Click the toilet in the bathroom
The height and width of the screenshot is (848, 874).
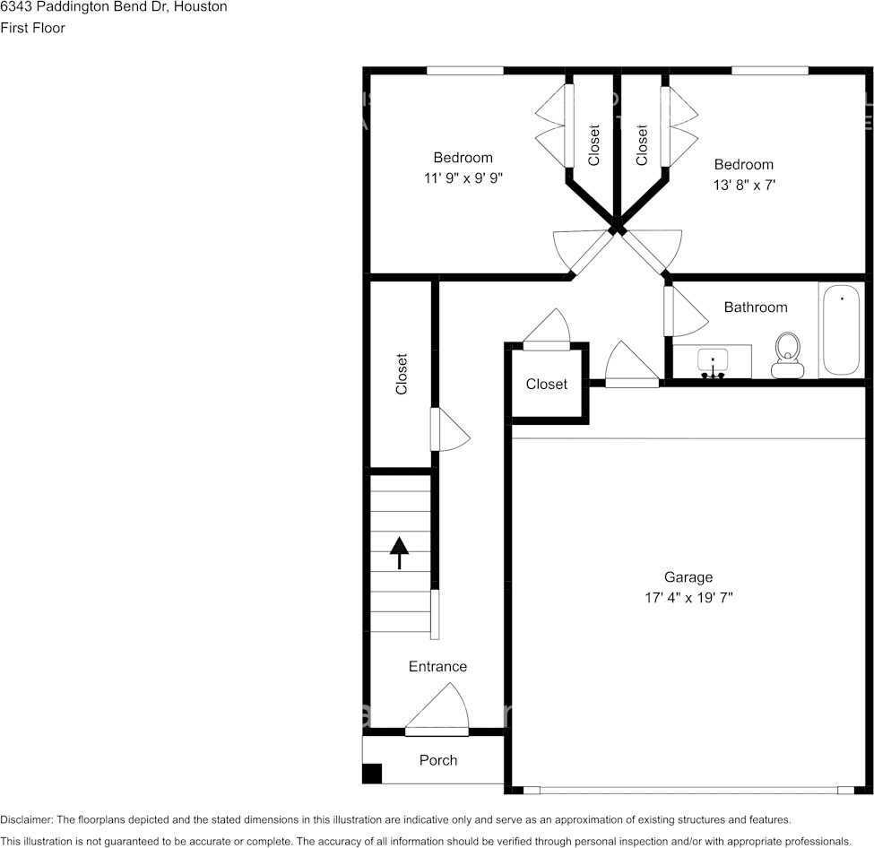tap(786, 355)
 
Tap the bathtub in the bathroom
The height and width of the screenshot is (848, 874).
tap(841, 330)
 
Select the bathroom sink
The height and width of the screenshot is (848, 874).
tap(713, 363)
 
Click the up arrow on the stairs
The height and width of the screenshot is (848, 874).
tap(399, 553)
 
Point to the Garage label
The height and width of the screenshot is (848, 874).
tap(688, 577)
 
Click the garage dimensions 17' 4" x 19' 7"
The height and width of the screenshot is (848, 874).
tap(688, 598)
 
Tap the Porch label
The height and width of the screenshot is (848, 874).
tap(438, 760)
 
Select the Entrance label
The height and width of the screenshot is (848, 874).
tap(437, 666)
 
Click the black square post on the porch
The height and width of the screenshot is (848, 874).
tap(372, 774)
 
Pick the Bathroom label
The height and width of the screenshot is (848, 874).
tap(756, 307)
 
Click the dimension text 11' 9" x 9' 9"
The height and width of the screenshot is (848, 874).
tap(463, 177)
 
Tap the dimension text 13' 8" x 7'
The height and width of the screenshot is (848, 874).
tap(744, 185)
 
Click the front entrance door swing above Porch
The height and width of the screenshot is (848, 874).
tap(437, 706)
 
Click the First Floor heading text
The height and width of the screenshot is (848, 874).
tap(33, 28)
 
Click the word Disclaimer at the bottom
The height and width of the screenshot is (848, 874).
tap(26, 819)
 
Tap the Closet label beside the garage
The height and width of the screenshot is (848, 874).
tap(546, 385)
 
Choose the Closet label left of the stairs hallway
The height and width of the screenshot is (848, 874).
tap(402, 374)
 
